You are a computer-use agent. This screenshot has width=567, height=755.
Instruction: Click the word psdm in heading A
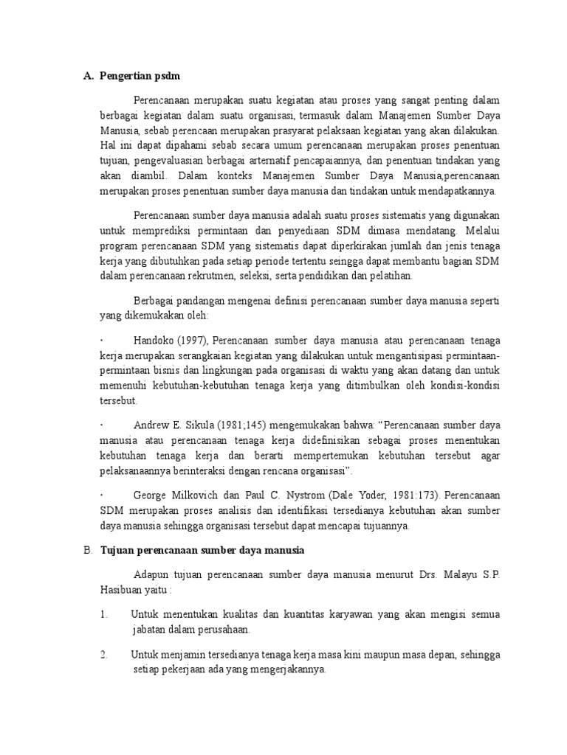coord(168,76)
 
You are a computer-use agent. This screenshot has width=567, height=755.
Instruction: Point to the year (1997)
coord(193,341)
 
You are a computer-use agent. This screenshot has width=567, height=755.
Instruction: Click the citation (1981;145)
coord(248,425)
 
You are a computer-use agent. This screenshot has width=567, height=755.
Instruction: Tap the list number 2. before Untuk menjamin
coord(104,654)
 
